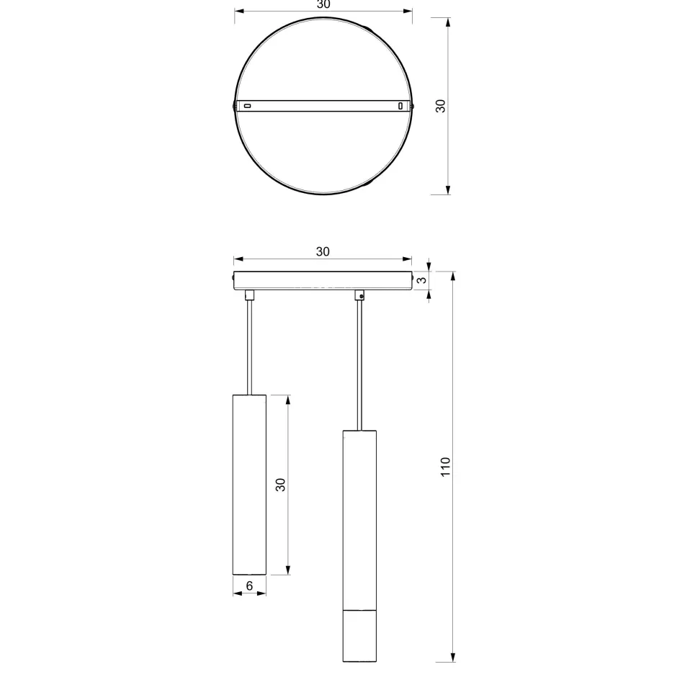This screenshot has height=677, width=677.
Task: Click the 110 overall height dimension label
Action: coord(445,467)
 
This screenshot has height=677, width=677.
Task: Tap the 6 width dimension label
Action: coord(249,586)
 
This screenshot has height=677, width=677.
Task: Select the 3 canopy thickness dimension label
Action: coord(421,279)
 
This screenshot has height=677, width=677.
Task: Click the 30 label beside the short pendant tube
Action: coord(281,485)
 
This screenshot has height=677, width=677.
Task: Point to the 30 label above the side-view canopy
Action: coord(323,251)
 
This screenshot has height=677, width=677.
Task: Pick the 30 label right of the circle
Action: coord(440,106)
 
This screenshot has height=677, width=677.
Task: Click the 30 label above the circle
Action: coord(323,4)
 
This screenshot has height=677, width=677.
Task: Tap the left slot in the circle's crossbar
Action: coord(248,105)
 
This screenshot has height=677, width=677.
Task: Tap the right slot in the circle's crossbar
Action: coord(400,105)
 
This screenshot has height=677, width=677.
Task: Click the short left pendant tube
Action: coord(250,485)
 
